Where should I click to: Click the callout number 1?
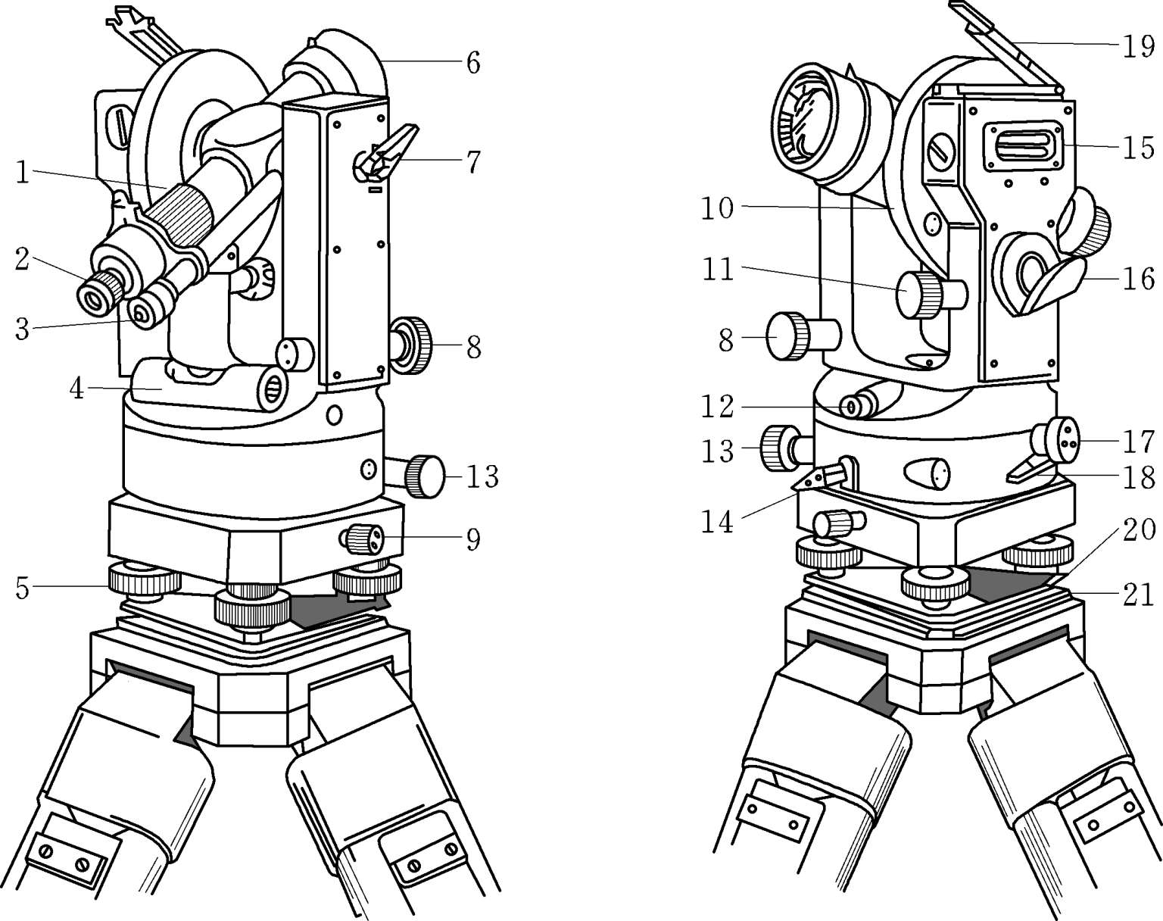tap(22, 173)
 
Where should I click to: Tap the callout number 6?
tap(473, 63)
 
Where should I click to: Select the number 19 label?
tap(1138, 46)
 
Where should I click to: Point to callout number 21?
tap(1138, 595)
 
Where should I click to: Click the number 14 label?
tap(718, 523)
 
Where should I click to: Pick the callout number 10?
tap(718, 208)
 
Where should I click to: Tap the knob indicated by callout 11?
tap(931, 295)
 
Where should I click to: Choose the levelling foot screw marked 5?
tap(145, 579)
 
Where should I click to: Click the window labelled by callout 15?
tap(1022, 147)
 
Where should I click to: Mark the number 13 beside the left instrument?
tap(482, 476)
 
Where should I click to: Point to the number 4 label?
tap(77, 389)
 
